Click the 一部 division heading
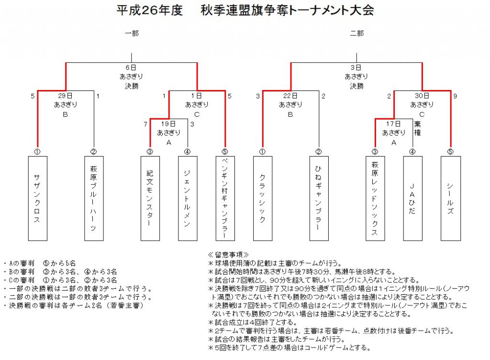(x=132, y=33)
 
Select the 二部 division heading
(x=356, y=33)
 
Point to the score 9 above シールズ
(x=455, y=96)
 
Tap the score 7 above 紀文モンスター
(x=145, y=124)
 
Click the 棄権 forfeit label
(x=417, y=128)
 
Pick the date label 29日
(x=65, y=96)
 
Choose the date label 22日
(x=290, y=96)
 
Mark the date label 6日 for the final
(x=131, y=67)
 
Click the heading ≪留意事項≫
(x=228, y=255)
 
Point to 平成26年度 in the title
(x=149, y=11)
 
